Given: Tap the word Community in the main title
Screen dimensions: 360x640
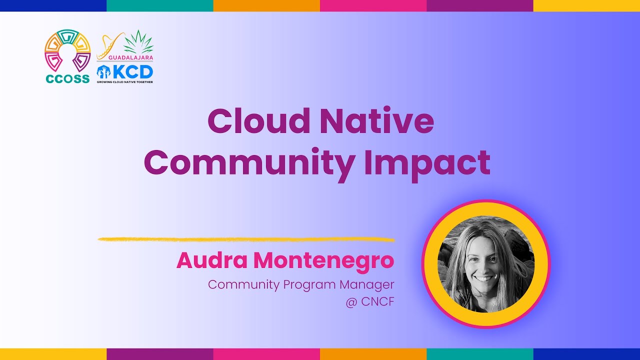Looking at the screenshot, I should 249,163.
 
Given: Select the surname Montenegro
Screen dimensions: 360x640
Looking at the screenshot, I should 323,260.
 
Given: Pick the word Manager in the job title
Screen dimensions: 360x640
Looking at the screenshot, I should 366,284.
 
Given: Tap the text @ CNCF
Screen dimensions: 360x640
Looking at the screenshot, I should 369,302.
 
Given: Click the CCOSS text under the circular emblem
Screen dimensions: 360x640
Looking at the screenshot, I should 67,78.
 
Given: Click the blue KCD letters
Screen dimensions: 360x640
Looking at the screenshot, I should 132,71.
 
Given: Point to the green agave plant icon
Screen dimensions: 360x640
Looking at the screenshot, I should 138,42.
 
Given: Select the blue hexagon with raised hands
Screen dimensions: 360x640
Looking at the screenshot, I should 103,71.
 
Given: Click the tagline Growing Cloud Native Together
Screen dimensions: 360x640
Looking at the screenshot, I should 124,81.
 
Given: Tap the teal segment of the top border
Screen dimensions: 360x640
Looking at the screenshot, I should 160,5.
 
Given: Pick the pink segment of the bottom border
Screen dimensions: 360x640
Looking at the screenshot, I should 266,354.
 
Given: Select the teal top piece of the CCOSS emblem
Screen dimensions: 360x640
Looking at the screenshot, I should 67,35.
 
